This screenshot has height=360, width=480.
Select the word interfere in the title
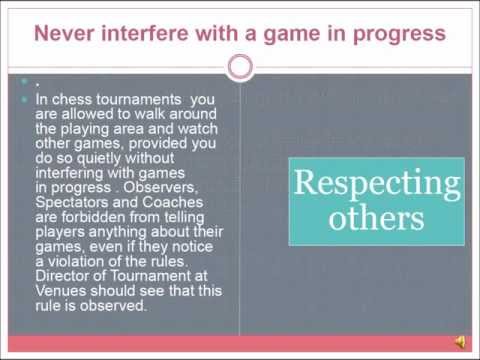[x=137, y=33]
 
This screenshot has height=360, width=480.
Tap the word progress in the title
[x=398, y=33]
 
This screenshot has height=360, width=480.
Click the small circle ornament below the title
[x=240, y=67]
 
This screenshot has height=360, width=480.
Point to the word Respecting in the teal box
[x=378, y=184]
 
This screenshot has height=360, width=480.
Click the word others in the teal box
[x=379, y=217]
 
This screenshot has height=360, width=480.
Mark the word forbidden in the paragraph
[x=93, y=211]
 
